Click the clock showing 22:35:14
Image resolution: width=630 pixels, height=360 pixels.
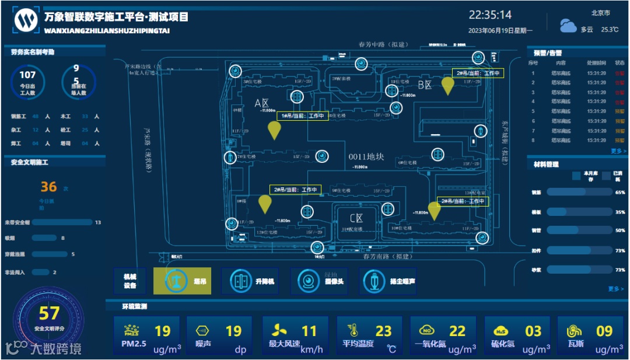coord(490,15)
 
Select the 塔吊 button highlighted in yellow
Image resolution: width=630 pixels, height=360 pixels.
coord(181,281)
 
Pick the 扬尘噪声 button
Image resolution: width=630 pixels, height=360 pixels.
coord(389,281)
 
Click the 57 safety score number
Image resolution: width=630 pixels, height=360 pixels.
coord(49,314)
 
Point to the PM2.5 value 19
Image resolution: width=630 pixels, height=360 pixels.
coord(162,331)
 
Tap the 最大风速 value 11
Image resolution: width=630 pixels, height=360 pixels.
coord(309,331)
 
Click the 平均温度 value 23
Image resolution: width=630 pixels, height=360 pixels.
coord(383,331)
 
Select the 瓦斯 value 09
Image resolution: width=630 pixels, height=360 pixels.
coord(604,331)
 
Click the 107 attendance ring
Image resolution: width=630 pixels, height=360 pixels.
coord(28,81)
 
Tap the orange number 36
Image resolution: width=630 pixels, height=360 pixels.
coord(49,187)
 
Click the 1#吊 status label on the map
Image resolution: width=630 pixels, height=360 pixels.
coord(302,116)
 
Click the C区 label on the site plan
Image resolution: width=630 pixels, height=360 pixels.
coord(356,218)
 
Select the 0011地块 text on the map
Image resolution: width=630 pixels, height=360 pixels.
coord(366,156)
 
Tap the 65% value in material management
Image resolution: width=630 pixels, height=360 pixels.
coord(619,192)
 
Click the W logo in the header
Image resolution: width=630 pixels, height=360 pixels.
coord(26,21)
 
